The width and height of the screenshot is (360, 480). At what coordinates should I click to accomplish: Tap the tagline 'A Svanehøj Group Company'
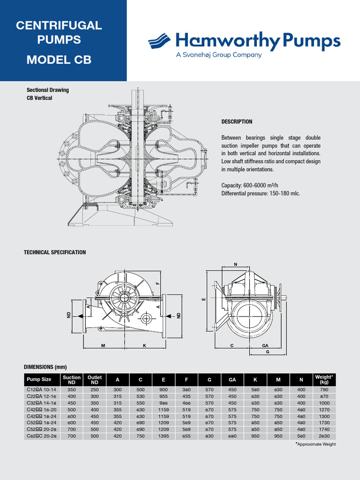[x=218, y=55]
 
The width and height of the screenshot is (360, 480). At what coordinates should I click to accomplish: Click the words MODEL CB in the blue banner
[x=59, y=60]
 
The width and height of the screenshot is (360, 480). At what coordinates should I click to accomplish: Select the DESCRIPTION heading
[x=237, y=122]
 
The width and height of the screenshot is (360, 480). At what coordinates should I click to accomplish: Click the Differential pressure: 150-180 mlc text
[x=260, y=194]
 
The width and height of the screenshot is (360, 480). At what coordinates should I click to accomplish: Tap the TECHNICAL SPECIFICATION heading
[x=55, y=252]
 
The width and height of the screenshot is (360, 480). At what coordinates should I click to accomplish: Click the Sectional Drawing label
[x=48, y=90]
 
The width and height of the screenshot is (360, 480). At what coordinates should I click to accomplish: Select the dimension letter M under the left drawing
[x=103, y=345]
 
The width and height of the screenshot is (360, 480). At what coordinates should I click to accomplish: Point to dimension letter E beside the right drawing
[x=203, y=299]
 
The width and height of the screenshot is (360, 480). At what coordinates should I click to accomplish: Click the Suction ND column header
[x=72, y=380]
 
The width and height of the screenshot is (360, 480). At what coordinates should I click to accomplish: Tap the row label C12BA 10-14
[x=42, y=390]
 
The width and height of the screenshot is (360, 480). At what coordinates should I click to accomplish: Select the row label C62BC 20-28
[x=42, y=435]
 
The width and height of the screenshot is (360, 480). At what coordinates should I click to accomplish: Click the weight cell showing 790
[x=324, y=390]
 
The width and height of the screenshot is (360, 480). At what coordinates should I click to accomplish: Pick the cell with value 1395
[x=164, y=435]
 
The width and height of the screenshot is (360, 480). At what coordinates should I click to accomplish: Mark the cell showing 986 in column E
[x=164, y=403]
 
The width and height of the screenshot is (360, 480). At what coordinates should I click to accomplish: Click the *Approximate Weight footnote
[x=315, y=444]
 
